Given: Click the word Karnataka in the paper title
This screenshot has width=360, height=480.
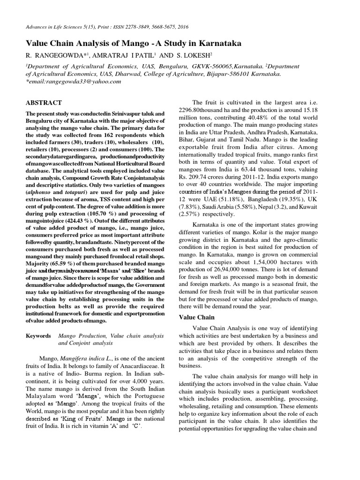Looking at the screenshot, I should point(217,44).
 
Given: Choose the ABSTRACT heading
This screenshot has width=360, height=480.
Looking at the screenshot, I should point(44,103).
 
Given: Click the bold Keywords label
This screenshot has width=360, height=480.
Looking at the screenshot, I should point(38,336).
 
